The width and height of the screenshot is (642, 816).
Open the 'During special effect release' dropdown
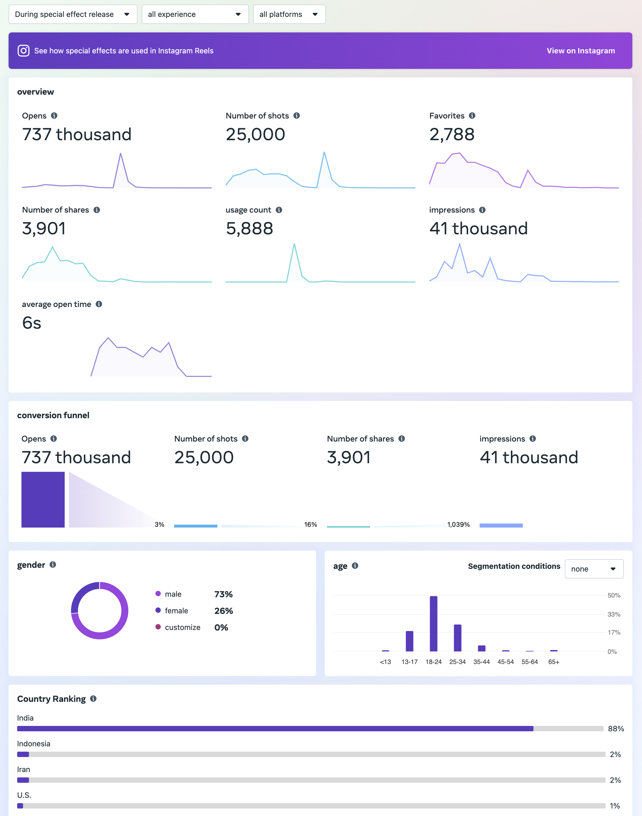coord(73,14)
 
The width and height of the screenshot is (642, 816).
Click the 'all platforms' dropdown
coord(289,14)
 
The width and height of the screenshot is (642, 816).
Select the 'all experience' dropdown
coord(195,14)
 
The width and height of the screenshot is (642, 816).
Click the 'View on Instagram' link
coord(580,51)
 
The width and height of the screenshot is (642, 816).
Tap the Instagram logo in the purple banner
coord(23,51)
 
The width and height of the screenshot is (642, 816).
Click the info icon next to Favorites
coord(472,116)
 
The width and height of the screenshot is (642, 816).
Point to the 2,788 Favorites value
coord(452,135)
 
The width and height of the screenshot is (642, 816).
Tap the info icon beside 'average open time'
coord(99,304)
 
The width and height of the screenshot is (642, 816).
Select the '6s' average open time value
coord(32,323)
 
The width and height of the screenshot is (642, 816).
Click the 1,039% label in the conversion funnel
coord(458,525)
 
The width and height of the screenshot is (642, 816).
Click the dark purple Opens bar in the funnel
coord(43,499)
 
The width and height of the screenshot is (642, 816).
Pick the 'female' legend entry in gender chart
coord(176,611)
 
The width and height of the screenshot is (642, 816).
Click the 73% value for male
coord(223,594)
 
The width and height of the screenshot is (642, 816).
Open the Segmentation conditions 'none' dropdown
coord(594,569)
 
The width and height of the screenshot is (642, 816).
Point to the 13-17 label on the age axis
coord(409,662)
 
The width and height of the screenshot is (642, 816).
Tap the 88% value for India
coord(616,729)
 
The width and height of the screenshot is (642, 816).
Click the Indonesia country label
coord(33,744)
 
